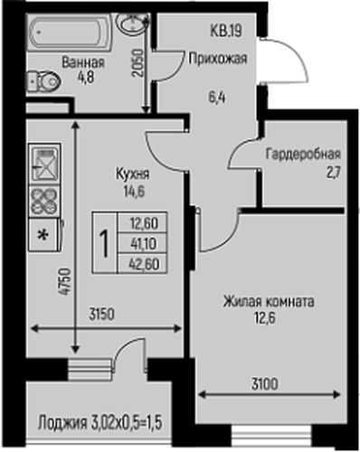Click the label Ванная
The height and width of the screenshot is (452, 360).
click(x=83, y=62)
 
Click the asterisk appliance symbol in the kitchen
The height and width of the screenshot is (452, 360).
click(x=42, y=233)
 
